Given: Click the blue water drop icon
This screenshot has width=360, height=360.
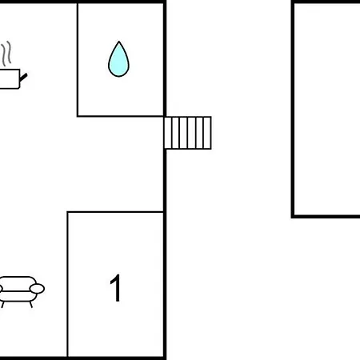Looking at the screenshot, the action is (x=118, y=59).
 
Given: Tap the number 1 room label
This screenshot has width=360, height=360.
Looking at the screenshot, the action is (x=116, y=288).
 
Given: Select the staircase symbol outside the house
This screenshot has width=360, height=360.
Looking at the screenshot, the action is (x=187, y=133).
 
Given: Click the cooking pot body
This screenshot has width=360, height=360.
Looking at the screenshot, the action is (x=10, y=78).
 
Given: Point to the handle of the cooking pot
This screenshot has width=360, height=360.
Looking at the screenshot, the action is (x=23, y=78).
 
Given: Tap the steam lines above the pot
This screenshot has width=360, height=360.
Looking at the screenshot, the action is (x=6, y=54).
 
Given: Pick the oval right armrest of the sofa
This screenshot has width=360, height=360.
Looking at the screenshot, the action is (x=37, y=289).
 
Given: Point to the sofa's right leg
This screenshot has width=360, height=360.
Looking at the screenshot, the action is (x=31, y=305).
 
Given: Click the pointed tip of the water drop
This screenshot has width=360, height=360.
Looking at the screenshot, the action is (x=119, y=42).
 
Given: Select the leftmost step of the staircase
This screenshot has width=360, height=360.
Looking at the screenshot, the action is (x=168, y=133).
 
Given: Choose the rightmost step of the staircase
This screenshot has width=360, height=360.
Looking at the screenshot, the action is (x=207, y=133).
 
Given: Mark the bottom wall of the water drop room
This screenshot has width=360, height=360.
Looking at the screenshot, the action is (x=120, y=116).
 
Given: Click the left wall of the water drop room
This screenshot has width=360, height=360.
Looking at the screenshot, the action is (x=78, y=60).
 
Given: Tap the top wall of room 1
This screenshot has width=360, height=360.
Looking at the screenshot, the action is (x=115, y=212).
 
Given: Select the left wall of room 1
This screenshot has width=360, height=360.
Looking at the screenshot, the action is (x=68, y=284).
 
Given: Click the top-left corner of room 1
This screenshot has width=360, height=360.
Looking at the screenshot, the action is (x=68, y=212).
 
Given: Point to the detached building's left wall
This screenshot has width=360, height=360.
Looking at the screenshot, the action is (x=293, y=110).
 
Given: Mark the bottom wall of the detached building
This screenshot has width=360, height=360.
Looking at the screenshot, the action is (x=326, y=217).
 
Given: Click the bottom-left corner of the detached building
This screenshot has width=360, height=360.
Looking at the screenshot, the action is (x=293, y=217).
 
